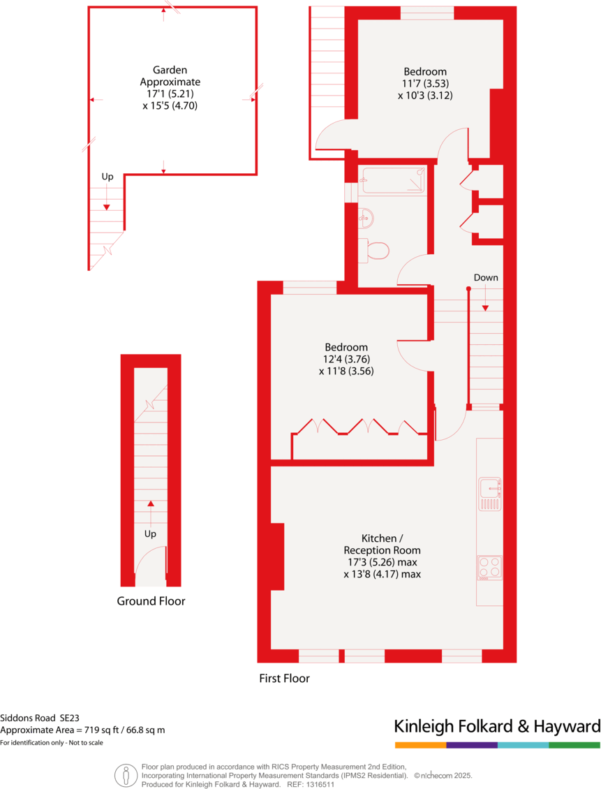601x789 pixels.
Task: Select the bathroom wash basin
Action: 366,218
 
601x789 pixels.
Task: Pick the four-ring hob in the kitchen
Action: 489,567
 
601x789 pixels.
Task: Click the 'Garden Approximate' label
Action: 170,75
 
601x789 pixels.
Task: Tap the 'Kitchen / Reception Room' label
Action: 382,544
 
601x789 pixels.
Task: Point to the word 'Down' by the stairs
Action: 486,277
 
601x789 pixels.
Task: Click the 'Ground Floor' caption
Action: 151,600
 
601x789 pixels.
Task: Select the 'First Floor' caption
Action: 284,678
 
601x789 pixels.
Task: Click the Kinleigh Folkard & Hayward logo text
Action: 497,726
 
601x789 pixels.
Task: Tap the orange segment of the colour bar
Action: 420,745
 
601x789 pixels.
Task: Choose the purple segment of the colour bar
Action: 472,745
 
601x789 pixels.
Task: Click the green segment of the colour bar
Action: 574,745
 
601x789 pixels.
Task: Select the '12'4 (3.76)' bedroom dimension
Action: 346,360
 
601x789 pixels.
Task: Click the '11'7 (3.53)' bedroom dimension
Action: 425,84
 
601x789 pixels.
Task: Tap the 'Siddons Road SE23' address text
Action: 40,717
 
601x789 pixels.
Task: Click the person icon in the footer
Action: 126,774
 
